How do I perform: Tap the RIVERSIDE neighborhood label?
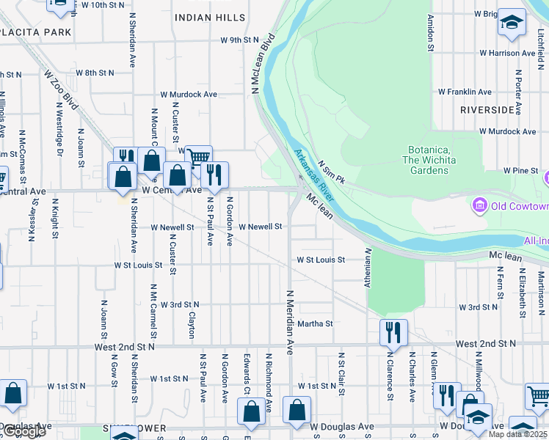tap(487, 109)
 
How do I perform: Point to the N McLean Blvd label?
tap(262, 63)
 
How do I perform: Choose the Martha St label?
tap(315, 323)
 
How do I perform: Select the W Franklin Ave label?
tap(465, 92)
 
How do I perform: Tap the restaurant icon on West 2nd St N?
tap(393, 332)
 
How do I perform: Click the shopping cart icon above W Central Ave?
tap(198, 157)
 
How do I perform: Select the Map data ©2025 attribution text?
tap(518, 434)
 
